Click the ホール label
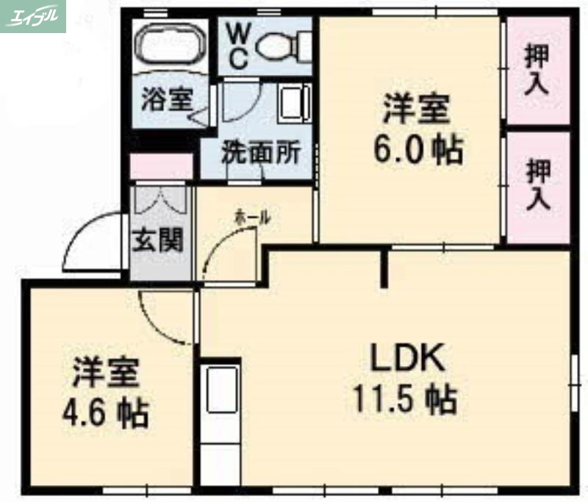[x=252, y=218]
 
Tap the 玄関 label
[x=157, y=240]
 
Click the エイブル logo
[x=33, y=16]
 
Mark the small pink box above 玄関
[x=161, y=167]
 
